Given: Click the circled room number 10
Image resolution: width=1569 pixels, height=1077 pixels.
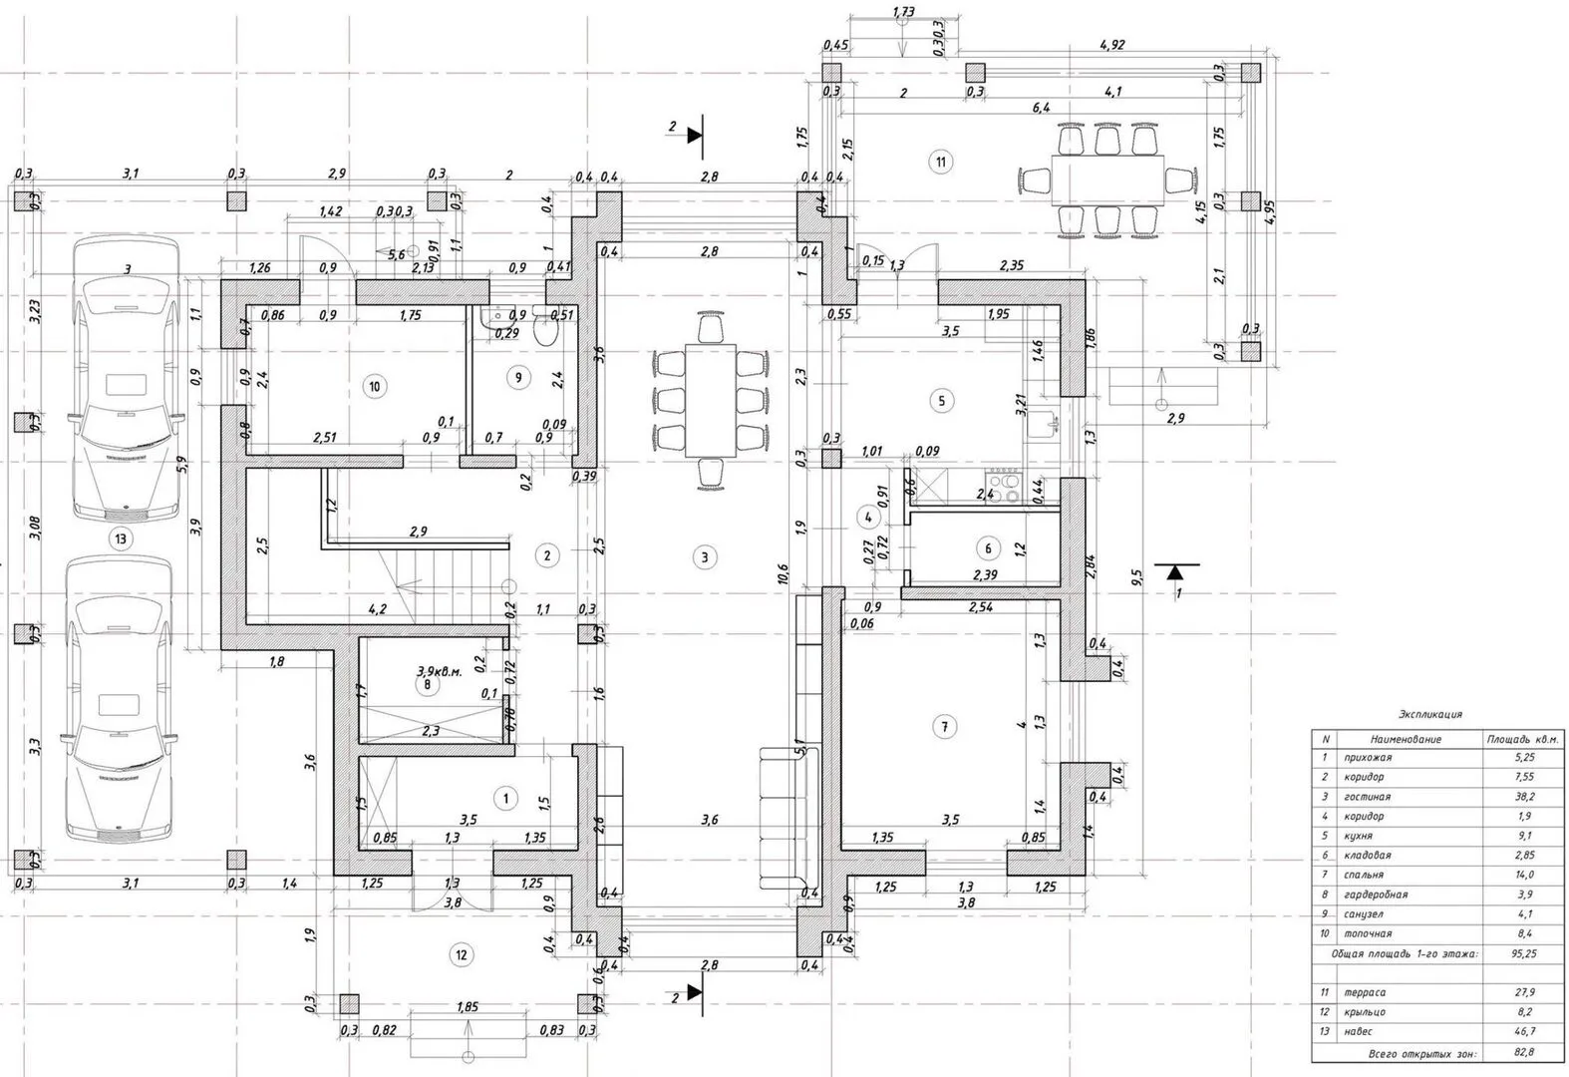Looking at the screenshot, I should coord(375,387).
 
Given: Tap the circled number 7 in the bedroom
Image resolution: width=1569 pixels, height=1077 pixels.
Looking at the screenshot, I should coord(943,727).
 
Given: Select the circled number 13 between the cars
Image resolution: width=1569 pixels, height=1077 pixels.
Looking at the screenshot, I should coord(121,539).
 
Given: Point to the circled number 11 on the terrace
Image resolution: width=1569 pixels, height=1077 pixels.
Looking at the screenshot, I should coord(939,162).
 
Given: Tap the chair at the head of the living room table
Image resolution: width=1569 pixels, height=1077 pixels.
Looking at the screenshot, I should coord(710,328).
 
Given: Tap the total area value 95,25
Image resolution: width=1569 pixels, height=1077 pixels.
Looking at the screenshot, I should coord(1522,953).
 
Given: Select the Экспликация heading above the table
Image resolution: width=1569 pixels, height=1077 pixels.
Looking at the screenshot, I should coord(1430,714).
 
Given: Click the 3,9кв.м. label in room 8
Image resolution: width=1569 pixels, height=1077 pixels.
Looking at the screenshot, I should coord(440,671).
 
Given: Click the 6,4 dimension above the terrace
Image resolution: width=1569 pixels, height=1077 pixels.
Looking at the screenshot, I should coord(1041,107).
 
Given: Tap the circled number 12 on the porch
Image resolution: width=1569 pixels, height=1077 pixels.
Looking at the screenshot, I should coord(461,955).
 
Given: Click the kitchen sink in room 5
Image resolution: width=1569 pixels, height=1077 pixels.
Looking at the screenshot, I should coord(1047,423).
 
